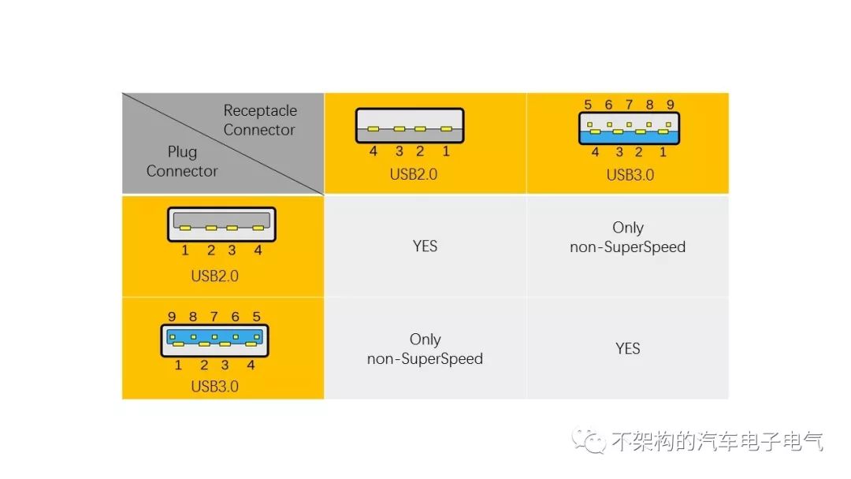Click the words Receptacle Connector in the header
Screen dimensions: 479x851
tap(259, 121)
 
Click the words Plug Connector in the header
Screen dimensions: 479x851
tap(182, 162)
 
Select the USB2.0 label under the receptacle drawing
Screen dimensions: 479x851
tap(413, 174)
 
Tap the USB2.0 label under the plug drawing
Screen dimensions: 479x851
tap(214, 276)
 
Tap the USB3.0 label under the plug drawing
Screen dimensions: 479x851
tap(214, 386)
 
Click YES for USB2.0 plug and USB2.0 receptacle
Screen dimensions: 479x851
tap(425, 247)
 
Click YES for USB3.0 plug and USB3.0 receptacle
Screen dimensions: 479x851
tap(627, 348)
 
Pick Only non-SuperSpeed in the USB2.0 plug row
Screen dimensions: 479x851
tap(627, 237)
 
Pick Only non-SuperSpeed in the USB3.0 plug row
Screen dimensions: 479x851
tap(425, 349)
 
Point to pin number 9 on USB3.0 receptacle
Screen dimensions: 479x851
tap(670, 105)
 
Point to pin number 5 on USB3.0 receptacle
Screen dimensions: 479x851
tap(588, 105)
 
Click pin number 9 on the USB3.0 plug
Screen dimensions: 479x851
tap(172, 317)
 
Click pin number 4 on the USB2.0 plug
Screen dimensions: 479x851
tap(258, 251)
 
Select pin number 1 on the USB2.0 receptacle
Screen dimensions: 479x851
tap(446, 151)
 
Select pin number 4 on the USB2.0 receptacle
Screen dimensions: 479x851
tap(373, 151)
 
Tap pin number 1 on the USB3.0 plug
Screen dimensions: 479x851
tap(178, 365)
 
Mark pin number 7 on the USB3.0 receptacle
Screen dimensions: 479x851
tap(629, 105)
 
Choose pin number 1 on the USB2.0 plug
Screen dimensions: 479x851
tap(185, 251)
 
